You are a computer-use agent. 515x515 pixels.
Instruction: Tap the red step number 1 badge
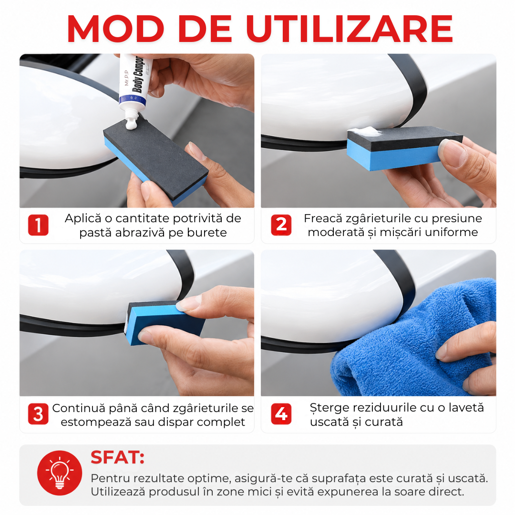[x=38, y=225]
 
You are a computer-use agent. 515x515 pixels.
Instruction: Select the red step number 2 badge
[x=281, y=225]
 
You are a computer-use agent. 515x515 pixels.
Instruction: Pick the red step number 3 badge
[x=38, y=414]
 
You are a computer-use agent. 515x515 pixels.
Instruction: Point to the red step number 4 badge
[x=281, y=414]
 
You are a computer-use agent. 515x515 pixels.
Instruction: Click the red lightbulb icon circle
[x=60, y=473]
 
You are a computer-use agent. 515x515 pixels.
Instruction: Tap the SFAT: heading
[x=118, y=457]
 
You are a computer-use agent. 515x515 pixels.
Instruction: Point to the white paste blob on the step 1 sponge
[x=131, y=124]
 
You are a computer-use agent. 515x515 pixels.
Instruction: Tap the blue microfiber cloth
[x=414, y=341]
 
